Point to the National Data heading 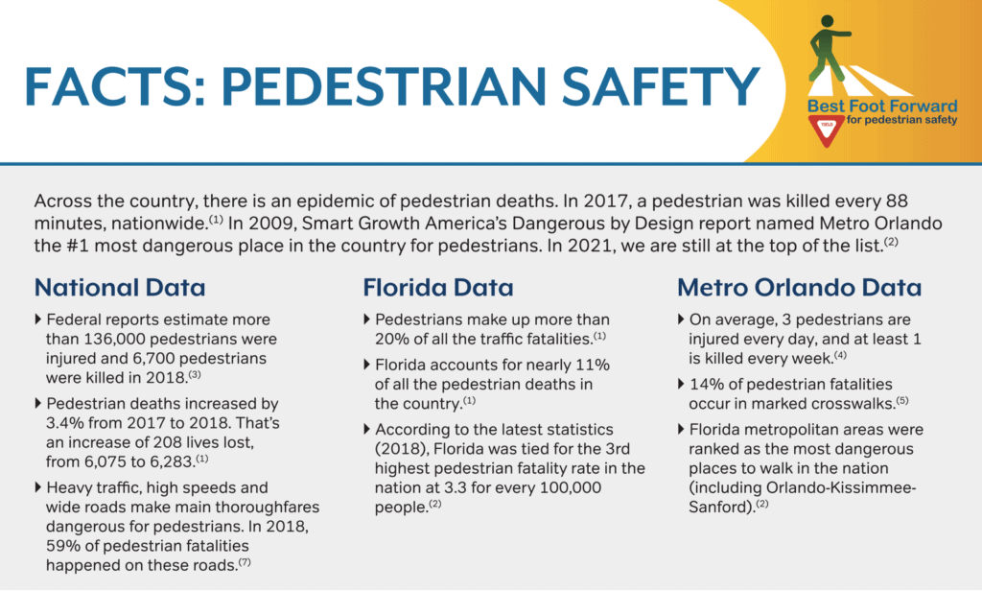click(120, 286)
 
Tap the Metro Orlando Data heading click(800, 286)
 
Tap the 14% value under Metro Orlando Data click(708, 385)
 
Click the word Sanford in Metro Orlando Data click(720, 506)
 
